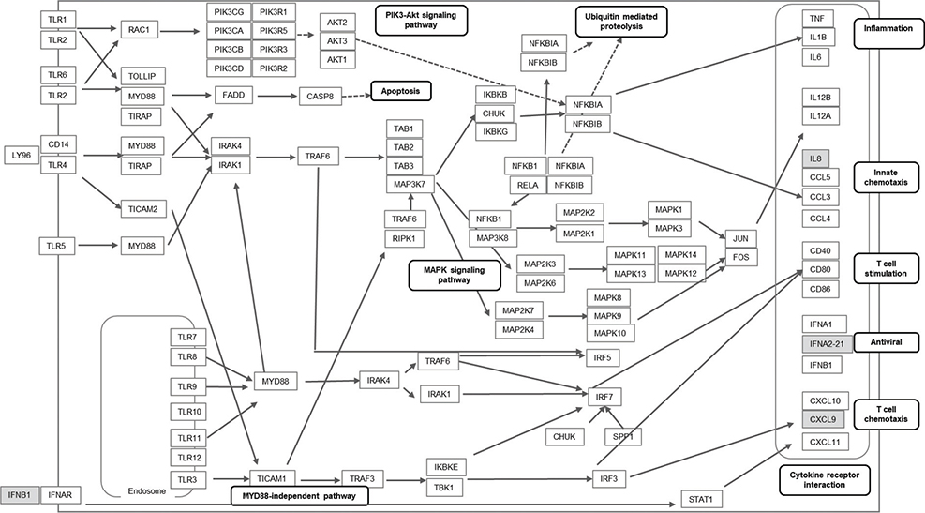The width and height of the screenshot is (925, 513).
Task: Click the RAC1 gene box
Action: [x=143, y=30]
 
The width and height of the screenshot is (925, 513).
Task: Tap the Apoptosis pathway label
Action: [x=399, y=92]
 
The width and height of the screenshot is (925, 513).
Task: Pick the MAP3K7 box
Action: [x=408, y=184]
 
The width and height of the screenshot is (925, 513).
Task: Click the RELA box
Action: [x=524, y=185]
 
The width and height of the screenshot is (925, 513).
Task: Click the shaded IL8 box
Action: [x=815, y=158]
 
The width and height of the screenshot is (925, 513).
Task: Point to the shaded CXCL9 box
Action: [x=815, y=418]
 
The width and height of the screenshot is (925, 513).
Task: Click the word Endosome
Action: [x=148, y=490]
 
